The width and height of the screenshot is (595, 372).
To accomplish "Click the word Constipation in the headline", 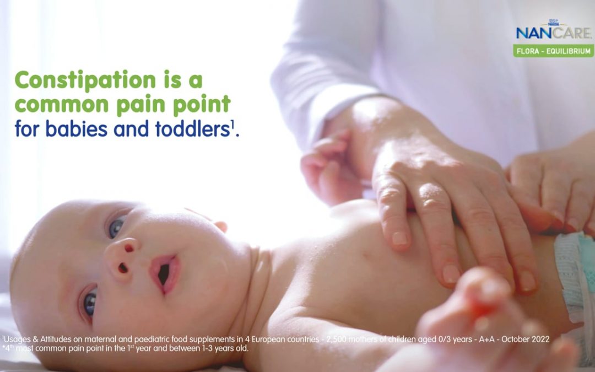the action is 85,80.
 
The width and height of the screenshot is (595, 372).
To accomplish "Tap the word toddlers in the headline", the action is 193,128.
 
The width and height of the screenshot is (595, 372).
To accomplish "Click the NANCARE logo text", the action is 554,33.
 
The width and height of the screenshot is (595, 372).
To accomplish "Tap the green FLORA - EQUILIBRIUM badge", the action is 554,51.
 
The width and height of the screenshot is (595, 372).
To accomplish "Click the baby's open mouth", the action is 165,274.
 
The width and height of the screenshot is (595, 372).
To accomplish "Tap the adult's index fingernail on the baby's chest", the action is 399,239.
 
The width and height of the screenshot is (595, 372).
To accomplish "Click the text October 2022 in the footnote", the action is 525,339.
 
